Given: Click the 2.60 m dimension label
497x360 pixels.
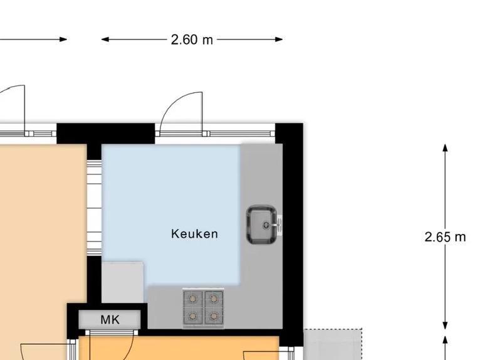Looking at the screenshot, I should (x=192, y=40).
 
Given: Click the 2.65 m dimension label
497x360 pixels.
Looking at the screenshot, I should (x=445, y=237).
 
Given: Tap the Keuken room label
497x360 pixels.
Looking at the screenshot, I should (x=194, y=234).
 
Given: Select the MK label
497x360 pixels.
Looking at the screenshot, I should (x=110, y=320).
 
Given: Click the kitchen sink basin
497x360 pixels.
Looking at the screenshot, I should (x=261, y=225).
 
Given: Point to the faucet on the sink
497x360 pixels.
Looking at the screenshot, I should (x=278, y=223).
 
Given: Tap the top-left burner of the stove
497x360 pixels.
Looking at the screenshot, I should (x=194, y=299).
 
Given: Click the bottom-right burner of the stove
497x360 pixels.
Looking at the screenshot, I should (x=214, y=316).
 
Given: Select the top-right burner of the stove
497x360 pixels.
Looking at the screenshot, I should (x=214, y=299).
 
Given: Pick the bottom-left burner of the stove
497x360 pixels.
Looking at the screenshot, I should (x=194, y=316).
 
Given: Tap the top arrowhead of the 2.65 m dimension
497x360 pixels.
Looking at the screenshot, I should (x=445, y=148).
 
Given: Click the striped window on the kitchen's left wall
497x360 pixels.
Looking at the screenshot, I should (x=94, y=207).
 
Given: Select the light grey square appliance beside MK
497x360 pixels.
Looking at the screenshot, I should (x=122, y=282).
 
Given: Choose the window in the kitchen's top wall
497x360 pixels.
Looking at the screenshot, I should (x=241, y=134).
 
